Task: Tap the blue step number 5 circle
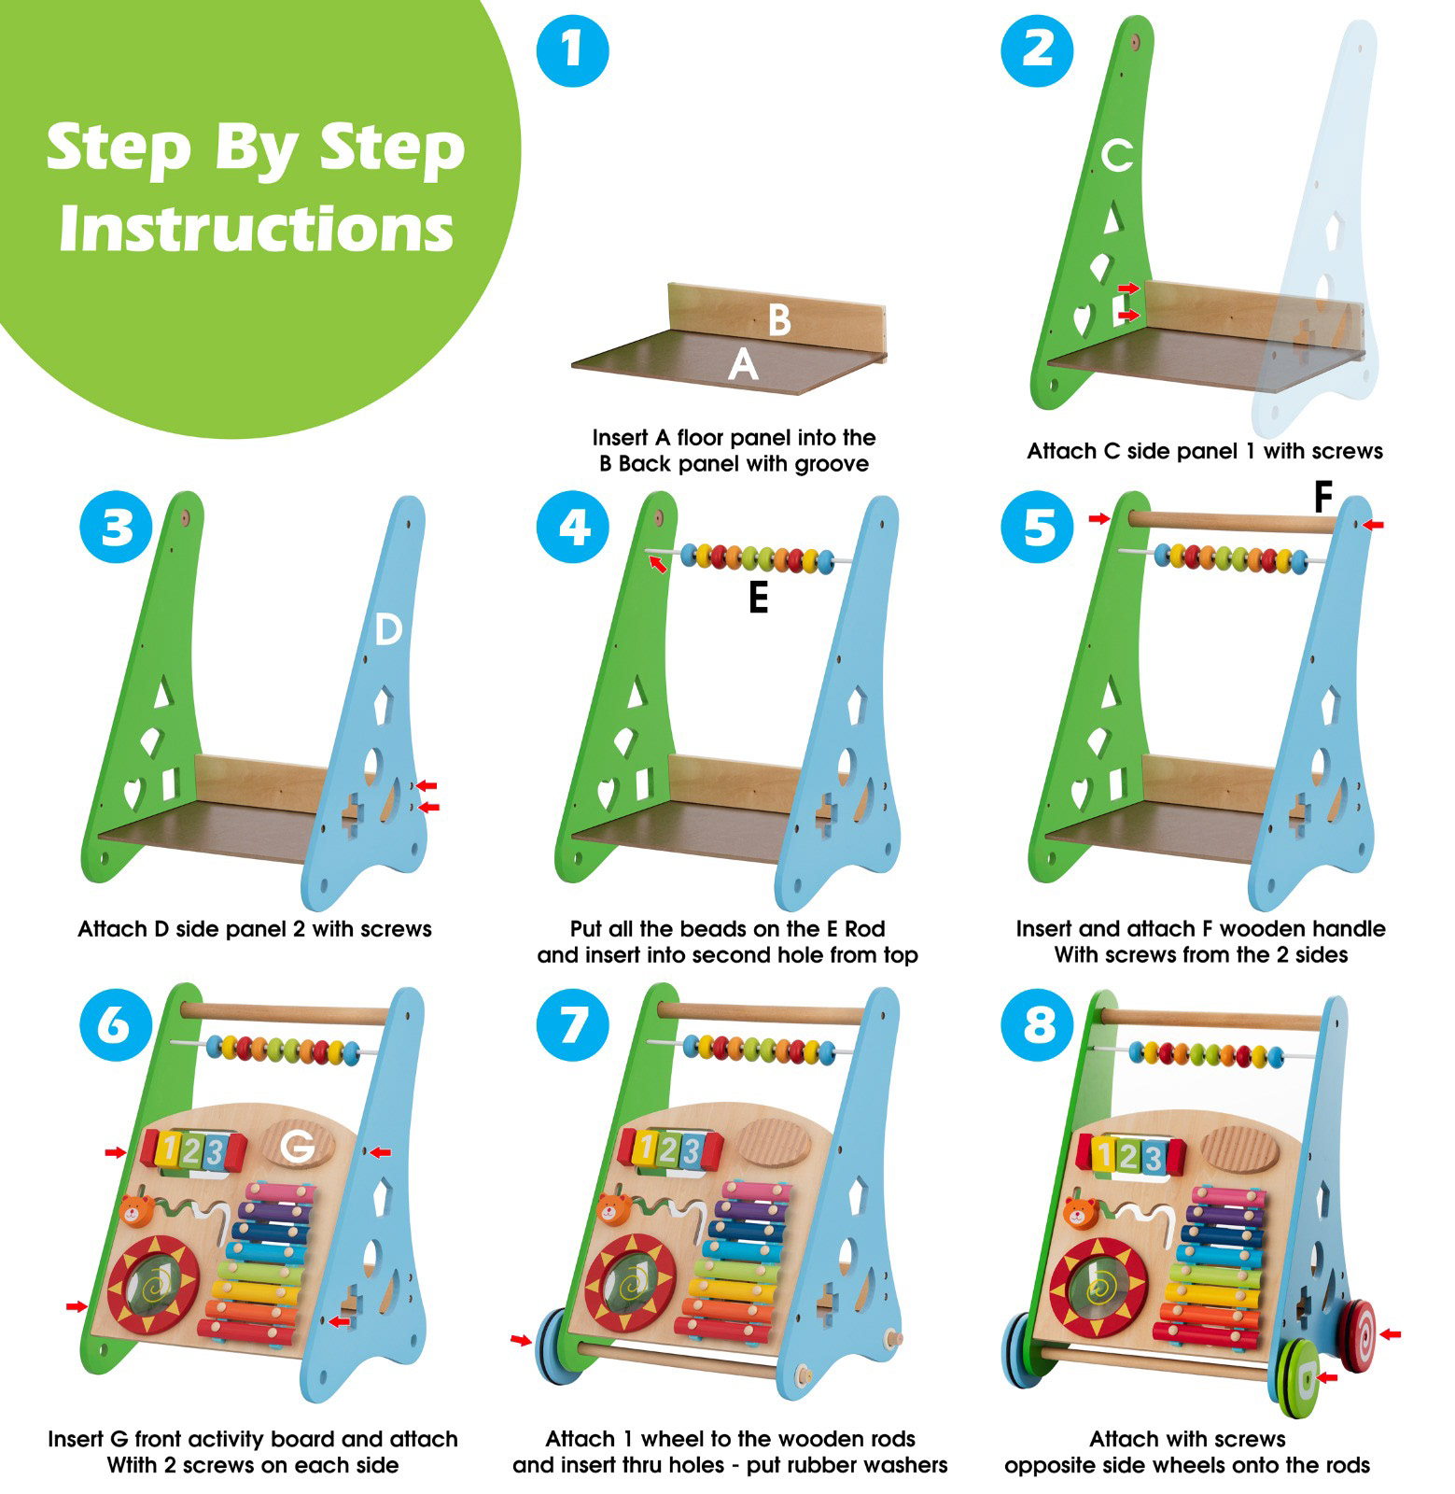coord(1037,528)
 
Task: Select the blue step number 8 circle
coord(1037,1024)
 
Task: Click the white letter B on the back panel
coord(779,319)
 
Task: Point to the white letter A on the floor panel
coord(743,362)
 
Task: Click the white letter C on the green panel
coord(1116,156)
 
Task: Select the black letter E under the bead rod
coord(759,597)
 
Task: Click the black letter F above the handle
coord(1322,499)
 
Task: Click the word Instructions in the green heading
coord(256,229)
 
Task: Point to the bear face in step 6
coord(136,1211)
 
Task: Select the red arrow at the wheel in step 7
coord(521,1341)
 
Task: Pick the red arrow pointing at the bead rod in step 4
coord(659,563)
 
